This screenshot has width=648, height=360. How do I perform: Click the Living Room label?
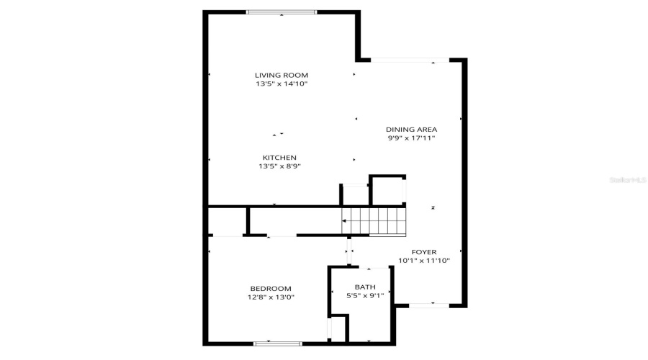(x=282, y=75)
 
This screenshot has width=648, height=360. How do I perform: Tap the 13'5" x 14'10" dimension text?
(x=282, y=84)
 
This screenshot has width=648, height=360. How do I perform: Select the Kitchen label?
(x=279, y=158)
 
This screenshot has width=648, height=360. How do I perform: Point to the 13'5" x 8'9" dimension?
(x=279, y=166)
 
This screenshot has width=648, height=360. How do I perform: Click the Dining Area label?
(x=411, y=130)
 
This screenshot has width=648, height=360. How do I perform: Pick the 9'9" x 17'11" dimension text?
(x=411, y=138)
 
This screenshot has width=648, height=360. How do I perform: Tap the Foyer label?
(x=424, y=252)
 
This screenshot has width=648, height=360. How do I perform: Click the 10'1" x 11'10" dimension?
(x=424, y=261)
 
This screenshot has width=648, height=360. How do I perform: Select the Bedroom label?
(x=271, y=288)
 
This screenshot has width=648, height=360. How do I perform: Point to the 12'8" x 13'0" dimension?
(x=271, y=297)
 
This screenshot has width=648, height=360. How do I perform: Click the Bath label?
(x=365, y=287)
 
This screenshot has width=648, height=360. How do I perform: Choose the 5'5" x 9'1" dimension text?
(x=365, y=296)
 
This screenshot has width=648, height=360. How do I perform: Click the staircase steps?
(x=374, y=220)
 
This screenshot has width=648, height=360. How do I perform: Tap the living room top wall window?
(x=282, y=12)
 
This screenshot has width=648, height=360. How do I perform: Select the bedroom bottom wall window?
(x=277, y=343)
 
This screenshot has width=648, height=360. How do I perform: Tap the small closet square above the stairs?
(x=388, y=191)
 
